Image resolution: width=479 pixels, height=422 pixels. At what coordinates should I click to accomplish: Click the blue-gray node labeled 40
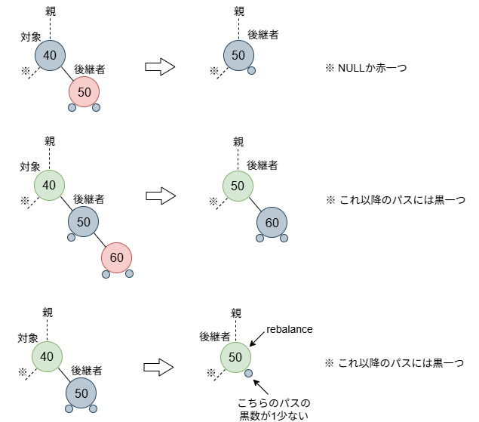pos(50,55)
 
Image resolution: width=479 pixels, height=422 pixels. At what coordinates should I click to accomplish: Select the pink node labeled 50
pos(84,92)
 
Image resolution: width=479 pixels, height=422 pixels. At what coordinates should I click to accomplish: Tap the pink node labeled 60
pos(116,257)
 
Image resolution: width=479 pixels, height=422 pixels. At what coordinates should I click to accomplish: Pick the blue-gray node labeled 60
pos(272,223)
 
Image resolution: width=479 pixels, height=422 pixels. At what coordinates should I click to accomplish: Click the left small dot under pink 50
pos(72,107)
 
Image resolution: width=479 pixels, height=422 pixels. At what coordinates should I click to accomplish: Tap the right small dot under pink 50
pos(96,107)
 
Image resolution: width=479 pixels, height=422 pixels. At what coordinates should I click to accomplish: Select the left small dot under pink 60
pos(106,274)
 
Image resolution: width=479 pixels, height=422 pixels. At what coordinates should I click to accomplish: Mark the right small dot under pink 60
pos(129,273)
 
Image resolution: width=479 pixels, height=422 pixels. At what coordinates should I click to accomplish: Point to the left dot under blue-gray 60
pos(259,238)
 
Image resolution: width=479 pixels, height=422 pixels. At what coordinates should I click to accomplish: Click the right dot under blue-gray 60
pos(284,238)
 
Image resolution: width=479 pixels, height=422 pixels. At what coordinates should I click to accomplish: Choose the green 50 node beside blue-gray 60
pos(238,186)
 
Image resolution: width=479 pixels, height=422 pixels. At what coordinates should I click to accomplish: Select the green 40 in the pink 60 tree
pos(49,185)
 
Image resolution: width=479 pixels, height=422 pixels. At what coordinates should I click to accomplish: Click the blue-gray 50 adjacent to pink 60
pos(83,222)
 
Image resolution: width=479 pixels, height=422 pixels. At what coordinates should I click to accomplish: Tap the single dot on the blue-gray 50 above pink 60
pos(71,237)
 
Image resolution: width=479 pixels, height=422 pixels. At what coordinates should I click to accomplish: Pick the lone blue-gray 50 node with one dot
pos(238,55)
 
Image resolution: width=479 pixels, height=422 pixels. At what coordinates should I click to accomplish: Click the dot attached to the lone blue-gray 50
pos(251,70)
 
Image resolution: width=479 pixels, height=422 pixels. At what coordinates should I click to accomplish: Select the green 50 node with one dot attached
pos(235,357)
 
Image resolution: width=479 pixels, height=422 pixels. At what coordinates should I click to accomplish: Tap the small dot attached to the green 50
pos(248,373)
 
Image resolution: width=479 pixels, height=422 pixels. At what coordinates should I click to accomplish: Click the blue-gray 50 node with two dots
pos(81,393)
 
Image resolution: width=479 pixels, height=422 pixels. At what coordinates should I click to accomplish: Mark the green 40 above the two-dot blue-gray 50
pos(47,356)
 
